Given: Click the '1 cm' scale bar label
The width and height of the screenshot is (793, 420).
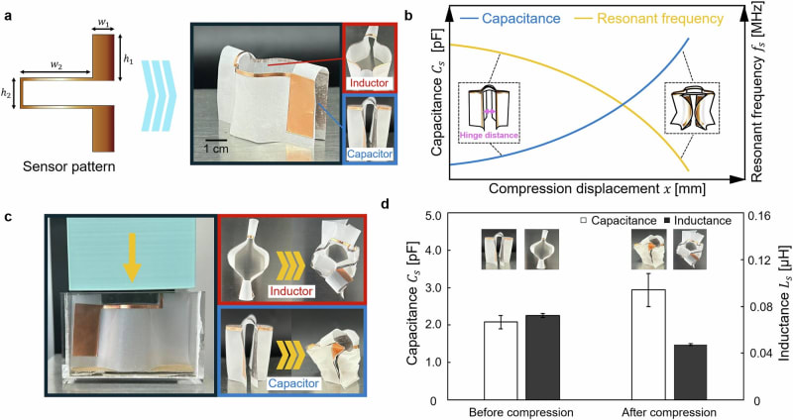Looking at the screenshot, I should pos(209,147).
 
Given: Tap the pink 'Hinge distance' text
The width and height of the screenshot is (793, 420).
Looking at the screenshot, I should pos(490,133).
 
